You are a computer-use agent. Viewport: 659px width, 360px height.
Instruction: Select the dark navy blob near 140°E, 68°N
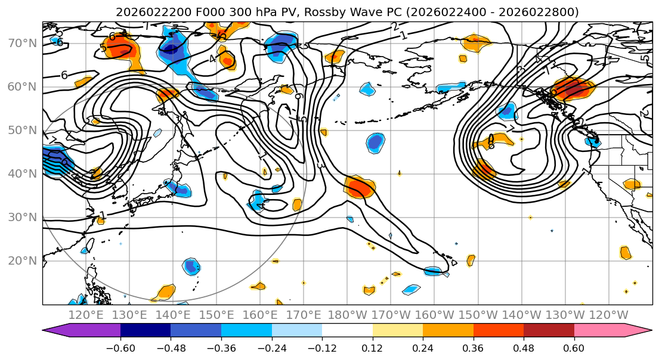pyautogui.click(x=173, y=48)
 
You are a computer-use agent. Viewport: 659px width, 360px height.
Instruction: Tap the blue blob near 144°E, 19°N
pyautogui.click(x=191, y=266)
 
